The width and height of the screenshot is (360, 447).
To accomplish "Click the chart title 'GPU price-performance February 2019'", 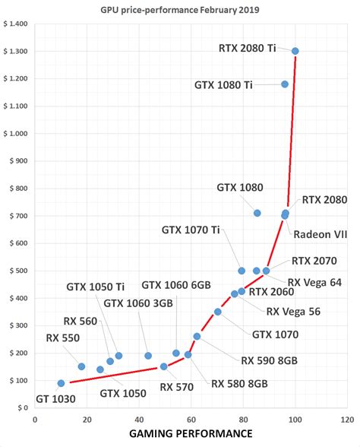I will [x=179, y=9].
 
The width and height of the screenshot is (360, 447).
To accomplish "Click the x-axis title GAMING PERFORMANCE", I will [x=191, y=434].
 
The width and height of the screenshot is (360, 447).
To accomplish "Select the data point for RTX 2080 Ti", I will [x=295, y=51].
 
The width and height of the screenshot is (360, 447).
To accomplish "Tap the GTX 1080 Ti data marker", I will [x=285, y=84].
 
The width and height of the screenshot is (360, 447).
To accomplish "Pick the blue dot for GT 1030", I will [x=61, y=383].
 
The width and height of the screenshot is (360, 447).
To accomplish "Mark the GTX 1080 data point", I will [x=257, y=213].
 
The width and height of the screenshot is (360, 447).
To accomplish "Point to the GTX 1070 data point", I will [x=217, y=312].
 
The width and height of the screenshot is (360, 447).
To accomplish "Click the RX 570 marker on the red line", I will [x=163, y=366].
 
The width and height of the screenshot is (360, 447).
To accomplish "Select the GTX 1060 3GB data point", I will [x=148, y=356].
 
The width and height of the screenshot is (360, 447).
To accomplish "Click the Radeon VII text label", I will [x=320, y=233].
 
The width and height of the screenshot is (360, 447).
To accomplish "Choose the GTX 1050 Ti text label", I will [x=96, y=287].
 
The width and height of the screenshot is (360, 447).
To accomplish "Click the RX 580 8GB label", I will [x=239, y=384].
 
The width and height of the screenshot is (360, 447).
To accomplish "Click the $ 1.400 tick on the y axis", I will [x=15, y=24].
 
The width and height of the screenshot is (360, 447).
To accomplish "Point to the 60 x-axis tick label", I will [x=191, y=419].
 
